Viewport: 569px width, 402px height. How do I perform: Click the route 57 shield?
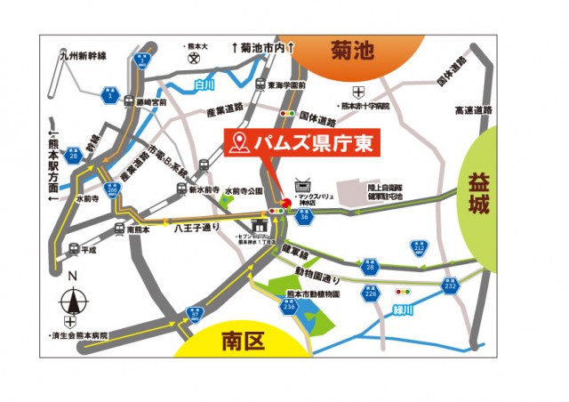coord(195,314)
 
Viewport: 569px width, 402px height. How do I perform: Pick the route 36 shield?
coord(303,215)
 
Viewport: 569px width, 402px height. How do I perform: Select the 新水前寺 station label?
coord(204,189)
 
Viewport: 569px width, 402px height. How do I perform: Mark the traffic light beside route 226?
coord(406,291)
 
